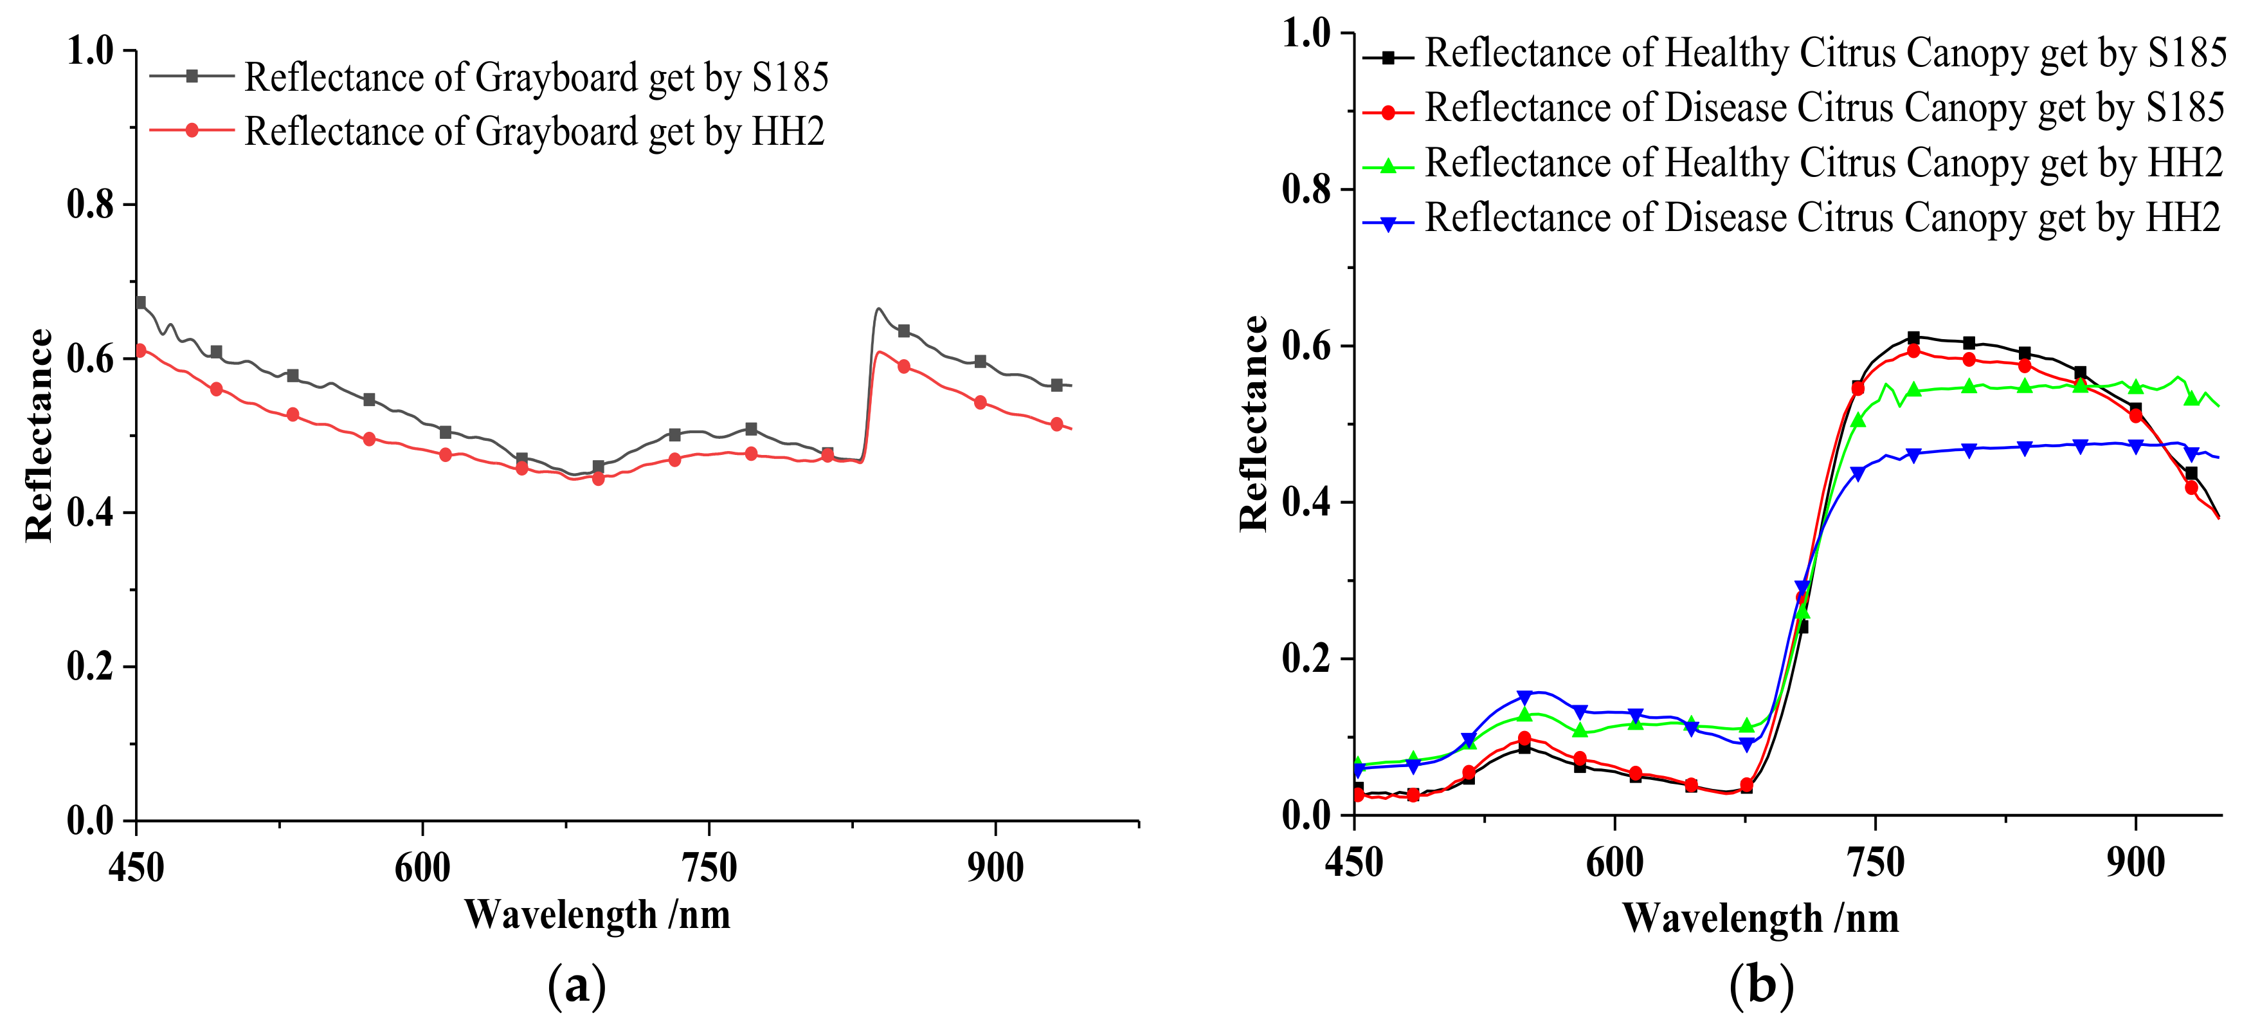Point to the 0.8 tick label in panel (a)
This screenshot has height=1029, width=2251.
tap(90, 205)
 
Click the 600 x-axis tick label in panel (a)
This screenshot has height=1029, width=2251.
tap(422, 867)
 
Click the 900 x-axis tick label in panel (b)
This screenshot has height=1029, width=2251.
tap(2135, 863)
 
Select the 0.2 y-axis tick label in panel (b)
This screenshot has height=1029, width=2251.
tap(1305, 658)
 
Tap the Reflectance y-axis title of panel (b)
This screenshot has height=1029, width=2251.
tap(1254, 424)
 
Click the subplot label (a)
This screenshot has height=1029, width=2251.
tap(576, 986)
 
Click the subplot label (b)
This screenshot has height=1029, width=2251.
tap(1761, 986)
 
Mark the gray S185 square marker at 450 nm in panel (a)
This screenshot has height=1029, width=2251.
tap(140, 302)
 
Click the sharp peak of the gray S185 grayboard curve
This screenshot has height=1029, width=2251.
tap(878, 309)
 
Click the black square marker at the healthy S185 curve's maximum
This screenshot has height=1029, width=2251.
tap(1913, 337)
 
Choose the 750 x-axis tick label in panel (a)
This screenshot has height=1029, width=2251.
tap(708, 867)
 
